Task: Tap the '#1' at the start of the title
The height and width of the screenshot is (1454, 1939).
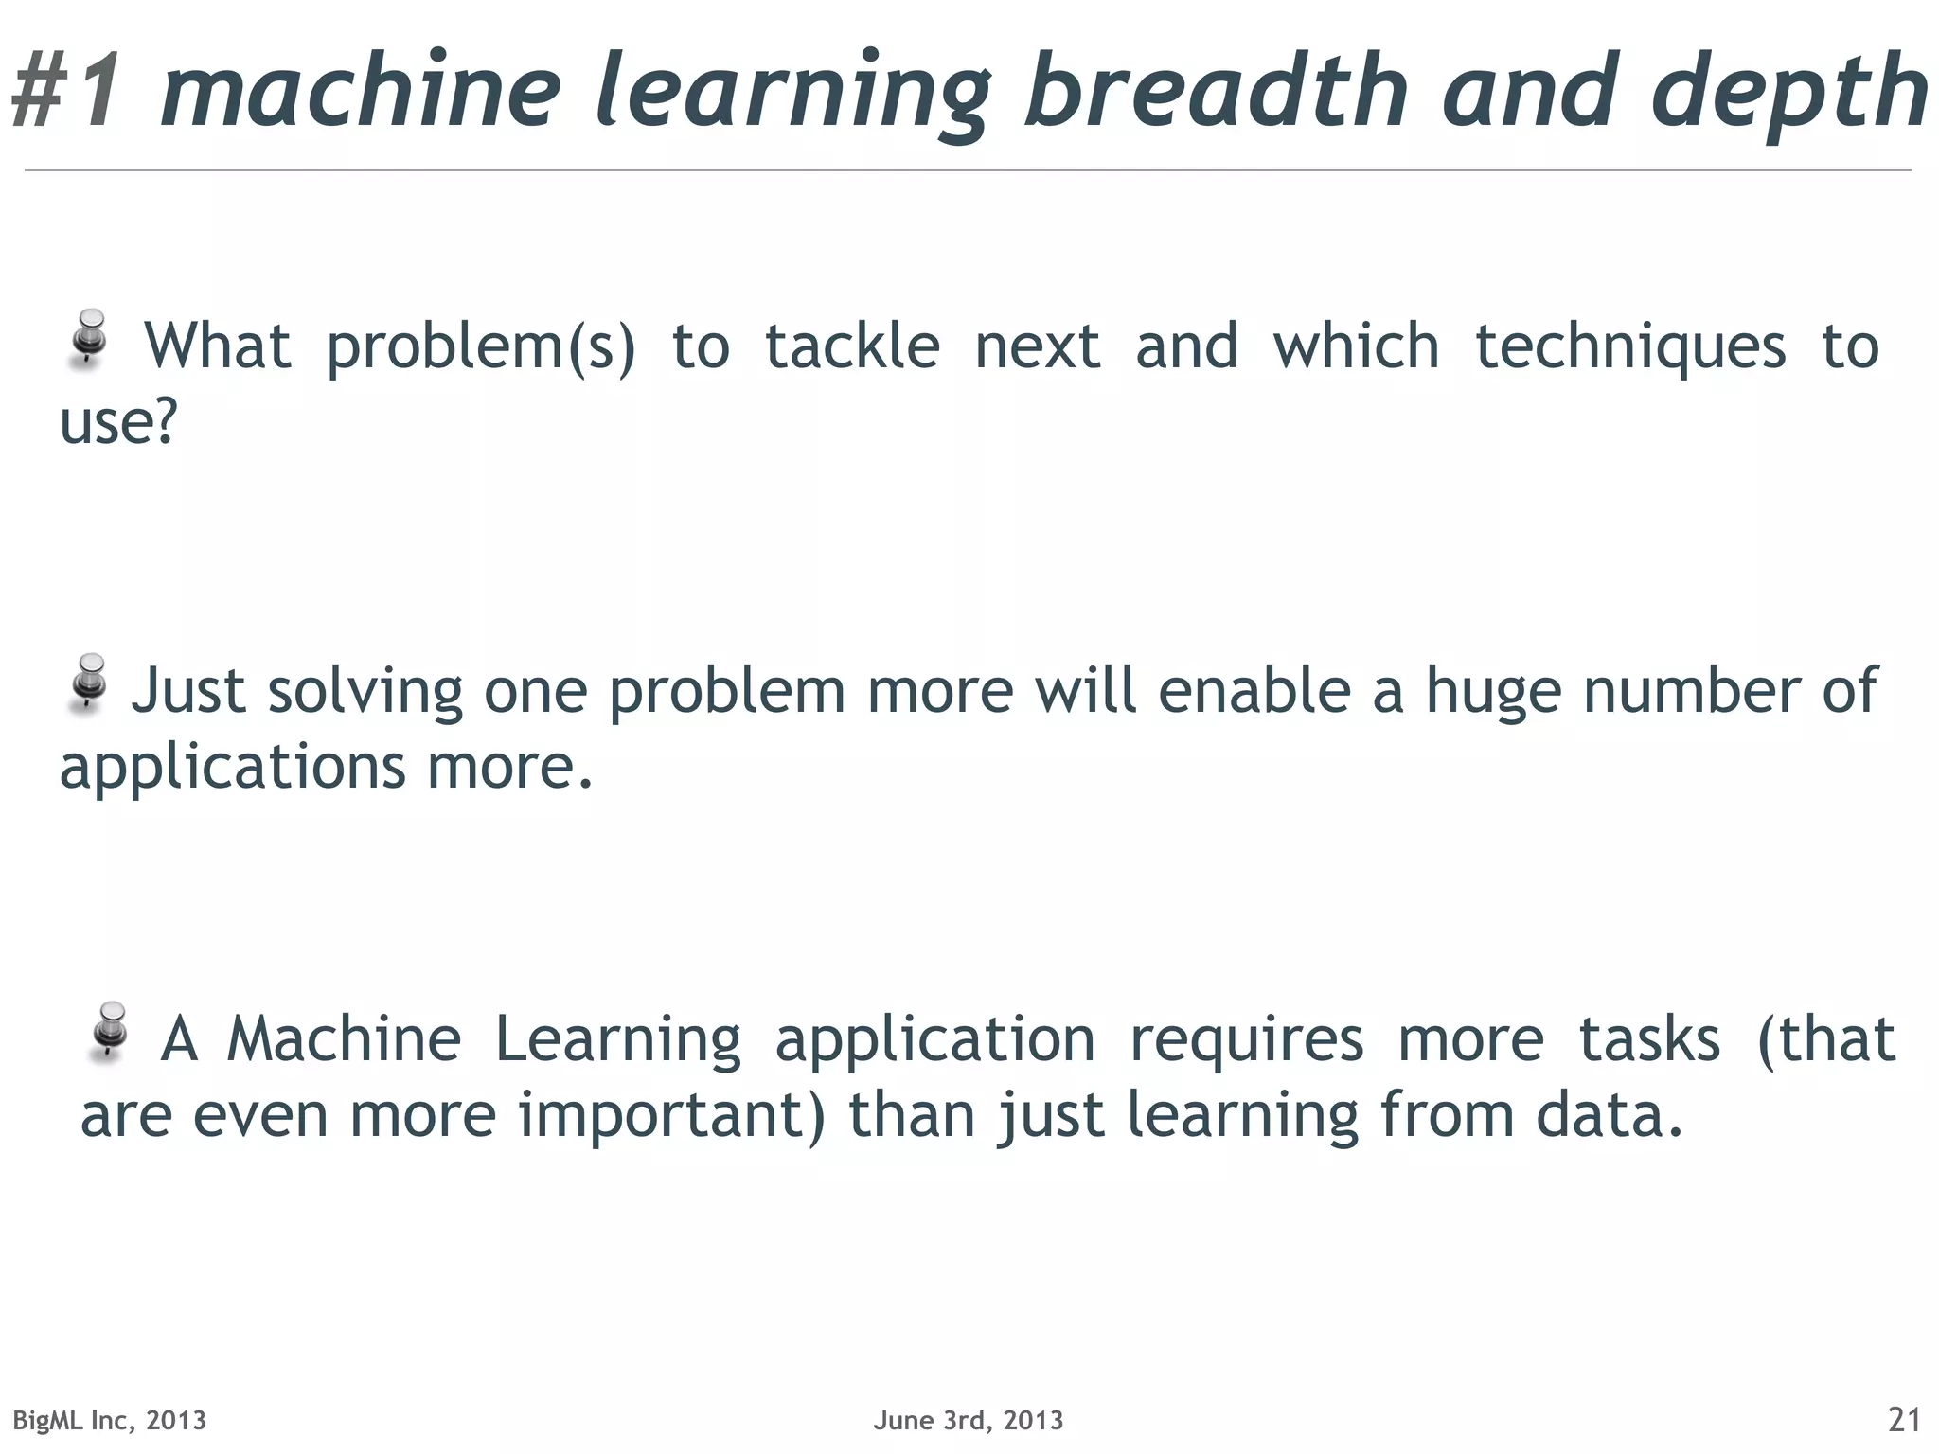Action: [68, 91]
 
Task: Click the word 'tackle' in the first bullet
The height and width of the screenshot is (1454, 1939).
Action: [852, 346]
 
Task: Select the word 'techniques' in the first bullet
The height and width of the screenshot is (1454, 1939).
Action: [1630, 346]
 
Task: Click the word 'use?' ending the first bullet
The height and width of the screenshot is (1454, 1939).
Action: [118, 422]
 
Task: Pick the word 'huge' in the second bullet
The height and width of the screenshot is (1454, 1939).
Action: [1493, 692]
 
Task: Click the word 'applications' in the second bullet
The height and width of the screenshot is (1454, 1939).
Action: [233, 768]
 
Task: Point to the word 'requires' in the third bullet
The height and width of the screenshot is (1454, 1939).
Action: [1247, 1040]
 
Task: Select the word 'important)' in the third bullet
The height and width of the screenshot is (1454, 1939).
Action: [672, 1115]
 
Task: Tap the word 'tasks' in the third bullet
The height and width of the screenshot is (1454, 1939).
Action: [1649, 1039]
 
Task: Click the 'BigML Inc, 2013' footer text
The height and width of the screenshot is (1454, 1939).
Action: [109, 1420]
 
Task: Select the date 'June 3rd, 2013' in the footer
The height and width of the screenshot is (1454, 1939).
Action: [969, 1420]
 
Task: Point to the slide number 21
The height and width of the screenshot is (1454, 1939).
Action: [1904, 1420]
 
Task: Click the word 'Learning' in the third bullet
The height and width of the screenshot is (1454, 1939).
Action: [618, 1040]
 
